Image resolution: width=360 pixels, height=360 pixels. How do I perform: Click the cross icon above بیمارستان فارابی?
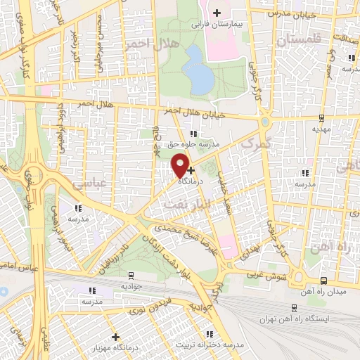pos(217,13)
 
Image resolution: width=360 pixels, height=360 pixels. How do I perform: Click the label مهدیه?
pos(321,129)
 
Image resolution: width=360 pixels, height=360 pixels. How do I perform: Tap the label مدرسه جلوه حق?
pos(193,144)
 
